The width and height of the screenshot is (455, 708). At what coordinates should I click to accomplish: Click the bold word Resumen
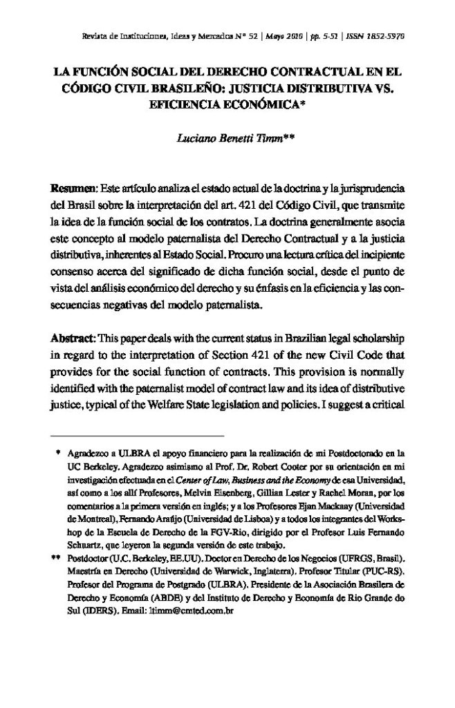point(73,189)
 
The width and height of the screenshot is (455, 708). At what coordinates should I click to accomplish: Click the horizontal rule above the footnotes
point(139,437)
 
